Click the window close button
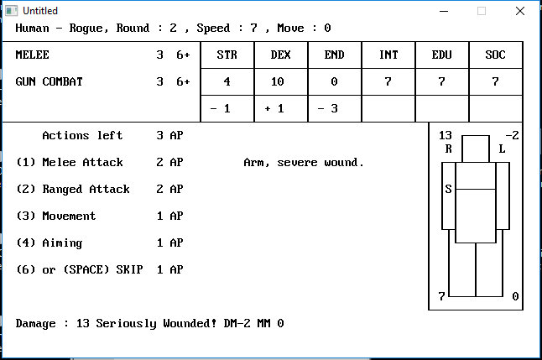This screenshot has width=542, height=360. coord(521,11)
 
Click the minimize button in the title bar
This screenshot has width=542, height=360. coord(444,11)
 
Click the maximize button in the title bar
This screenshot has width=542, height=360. coord(482,11)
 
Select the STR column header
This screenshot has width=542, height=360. coord(227,55)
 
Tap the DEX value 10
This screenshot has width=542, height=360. coord(281,81)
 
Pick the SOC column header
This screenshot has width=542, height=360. coord(496,55)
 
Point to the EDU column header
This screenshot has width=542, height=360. coord(442,55)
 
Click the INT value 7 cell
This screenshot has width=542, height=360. coord(388,81)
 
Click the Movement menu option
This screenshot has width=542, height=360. coord(69,216)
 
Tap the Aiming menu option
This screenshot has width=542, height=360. coord(62,243)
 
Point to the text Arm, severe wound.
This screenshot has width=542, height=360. coord(304,162)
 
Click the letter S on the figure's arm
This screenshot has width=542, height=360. coord(448,189)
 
